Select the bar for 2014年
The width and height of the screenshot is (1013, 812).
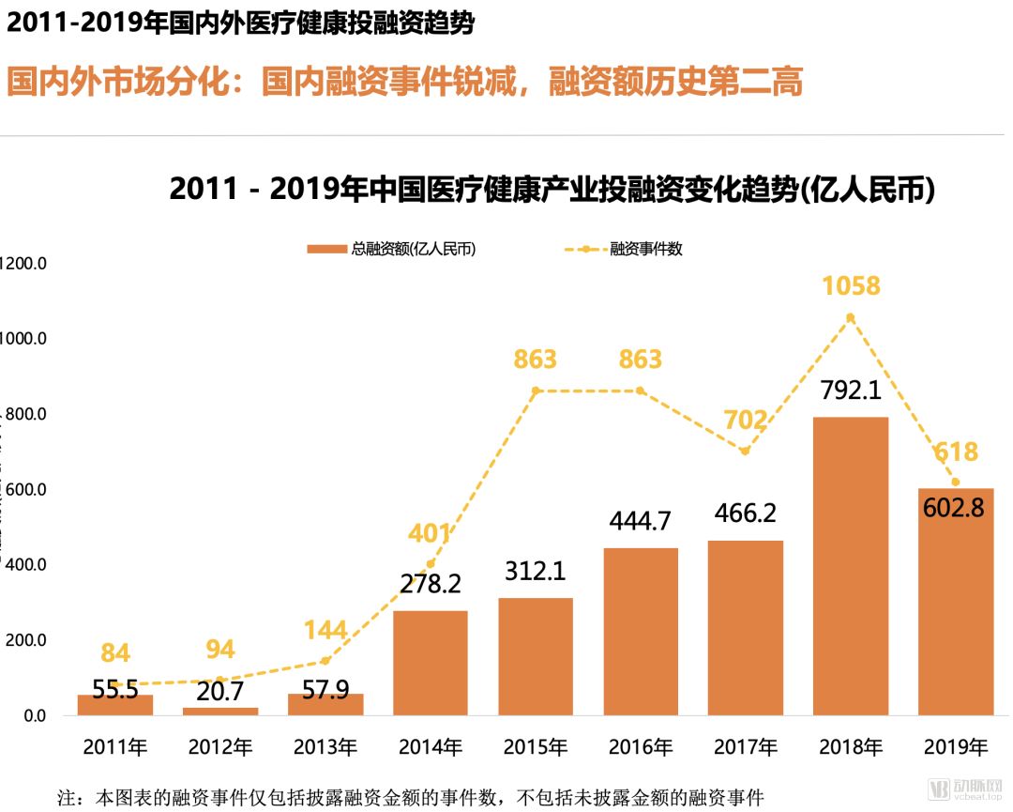(430, 663)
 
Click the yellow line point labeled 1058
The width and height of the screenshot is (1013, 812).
(851, 317)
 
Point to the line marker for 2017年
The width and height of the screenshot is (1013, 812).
(745, 452)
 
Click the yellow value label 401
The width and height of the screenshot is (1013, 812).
(430, 534)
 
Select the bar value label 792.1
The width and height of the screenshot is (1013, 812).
(851, 390)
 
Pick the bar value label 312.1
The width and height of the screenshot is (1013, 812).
(536, 572)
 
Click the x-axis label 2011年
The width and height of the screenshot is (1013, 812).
(115, 748)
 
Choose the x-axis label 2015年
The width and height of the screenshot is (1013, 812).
(536, 748)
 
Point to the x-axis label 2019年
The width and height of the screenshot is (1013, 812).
(956, 748)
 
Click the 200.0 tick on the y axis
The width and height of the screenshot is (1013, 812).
(24, 640)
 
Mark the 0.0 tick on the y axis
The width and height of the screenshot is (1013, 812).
(32, 716)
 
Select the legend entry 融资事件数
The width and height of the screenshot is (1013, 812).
(625, 250)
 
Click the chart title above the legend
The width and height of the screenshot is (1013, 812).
(552, 190)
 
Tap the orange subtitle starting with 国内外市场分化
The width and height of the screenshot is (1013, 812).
(405, 82)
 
